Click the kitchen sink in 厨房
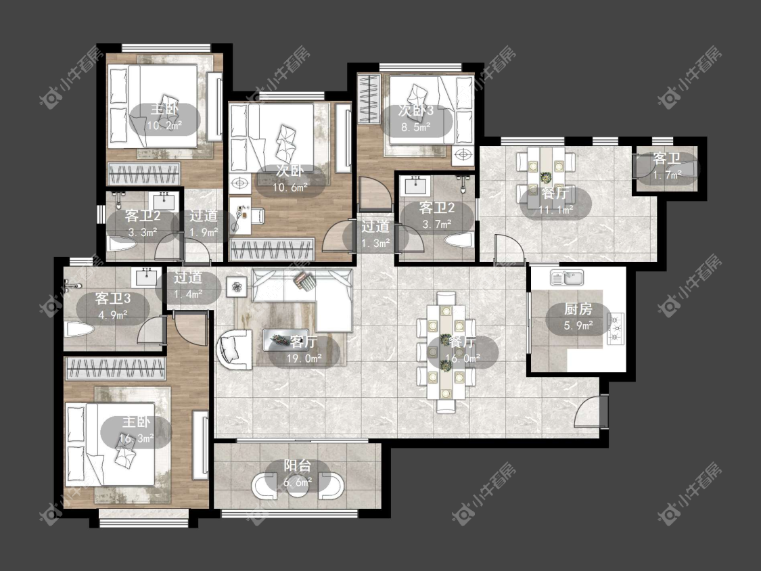(x=566, y=278)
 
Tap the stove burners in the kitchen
(x=616, y=328)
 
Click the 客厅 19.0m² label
(x=304, y=350)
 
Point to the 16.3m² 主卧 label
(x=136, y=430)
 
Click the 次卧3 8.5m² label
(x=417, y=118)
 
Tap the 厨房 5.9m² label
(x=578, y=317)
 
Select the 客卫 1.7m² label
(x=667, y=166)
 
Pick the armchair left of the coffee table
(x=235, y=348)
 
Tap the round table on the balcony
(x=298, y=486)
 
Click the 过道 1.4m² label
(x=188, y=285)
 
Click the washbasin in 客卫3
(x=146, y=277)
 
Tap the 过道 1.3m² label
(x=375, y=235)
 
